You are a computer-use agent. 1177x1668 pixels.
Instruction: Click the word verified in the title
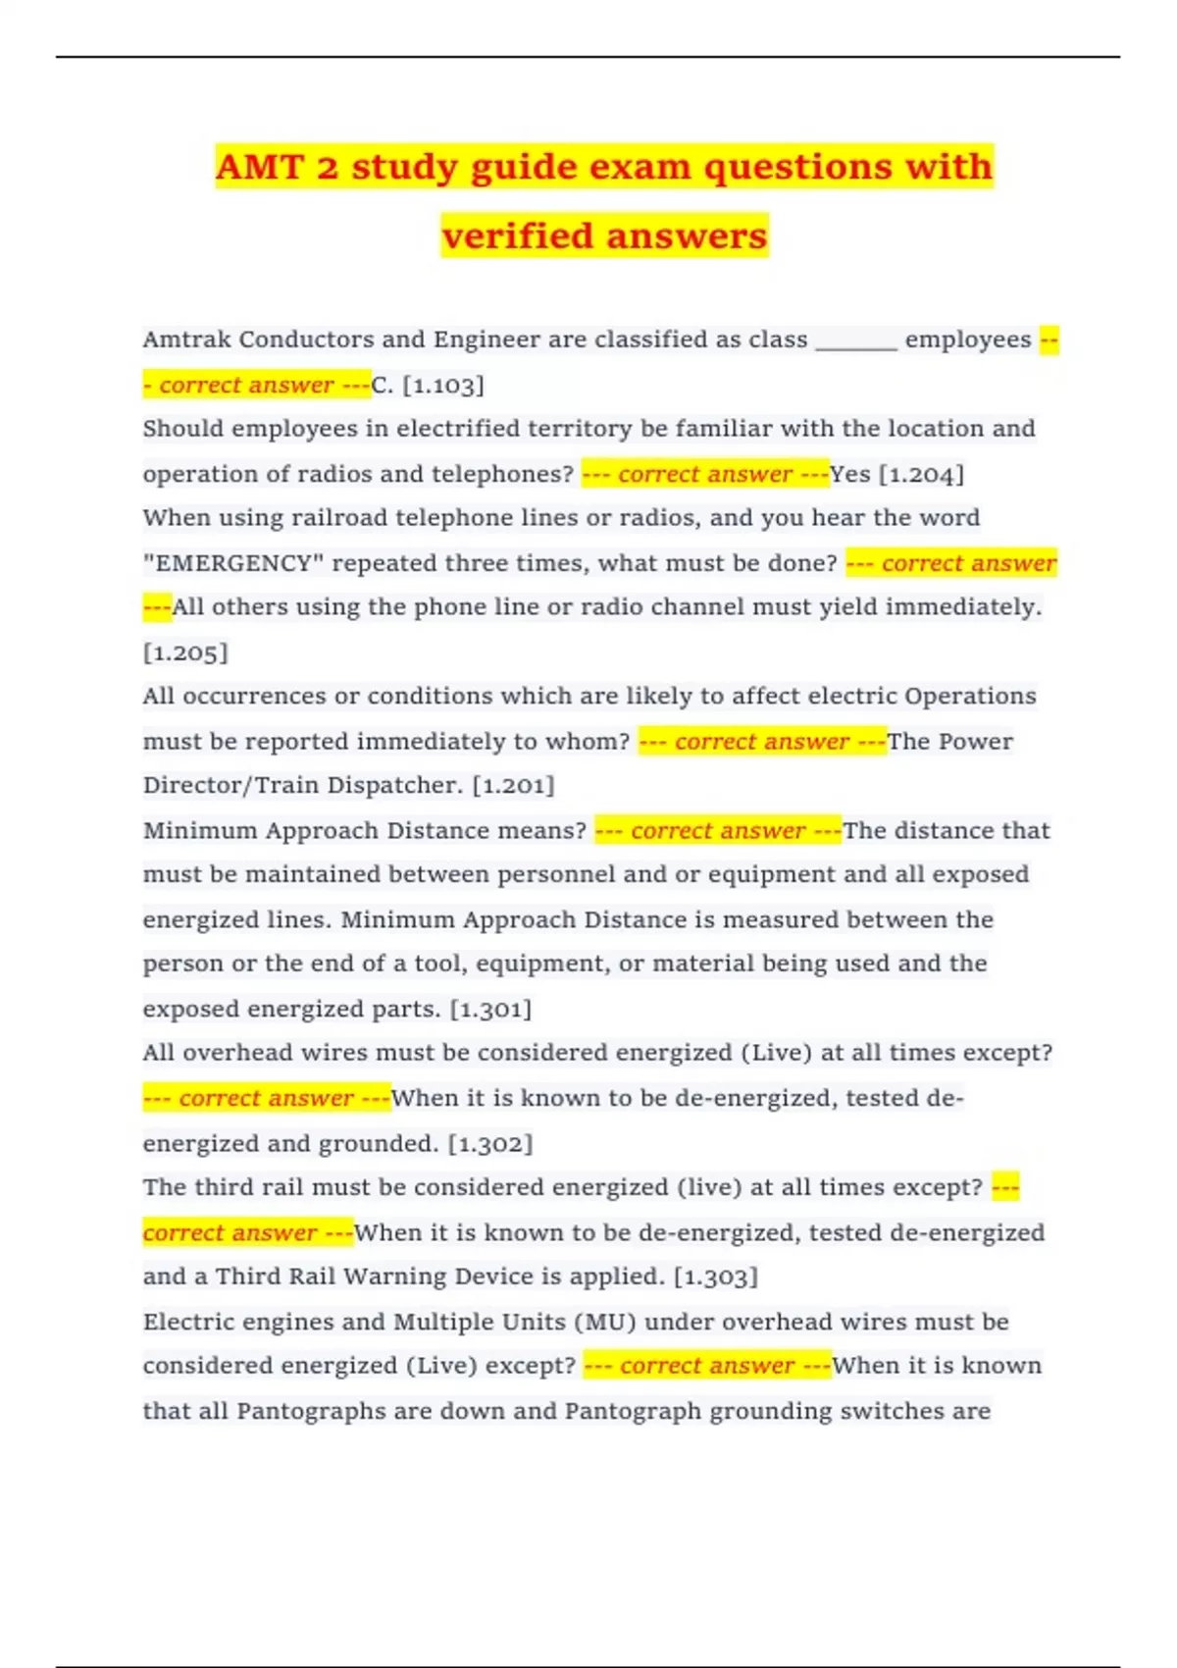(517, 236)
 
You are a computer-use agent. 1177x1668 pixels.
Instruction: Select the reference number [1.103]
(443, 386)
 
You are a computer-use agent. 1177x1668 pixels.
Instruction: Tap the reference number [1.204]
(921, 475)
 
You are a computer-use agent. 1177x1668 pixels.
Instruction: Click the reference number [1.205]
(185, 652)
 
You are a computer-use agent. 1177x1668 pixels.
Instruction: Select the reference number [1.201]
(513, 786)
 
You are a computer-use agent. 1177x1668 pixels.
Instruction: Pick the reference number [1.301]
(490, 1010)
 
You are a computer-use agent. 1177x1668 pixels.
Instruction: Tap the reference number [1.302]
(490, 1144)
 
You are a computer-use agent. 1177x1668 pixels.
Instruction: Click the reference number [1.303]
(716, 1277)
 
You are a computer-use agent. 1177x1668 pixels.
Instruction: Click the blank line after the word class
(855, 341)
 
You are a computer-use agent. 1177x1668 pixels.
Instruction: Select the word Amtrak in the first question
(186, 340)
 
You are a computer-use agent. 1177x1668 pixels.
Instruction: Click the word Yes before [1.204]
(849, 475)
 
